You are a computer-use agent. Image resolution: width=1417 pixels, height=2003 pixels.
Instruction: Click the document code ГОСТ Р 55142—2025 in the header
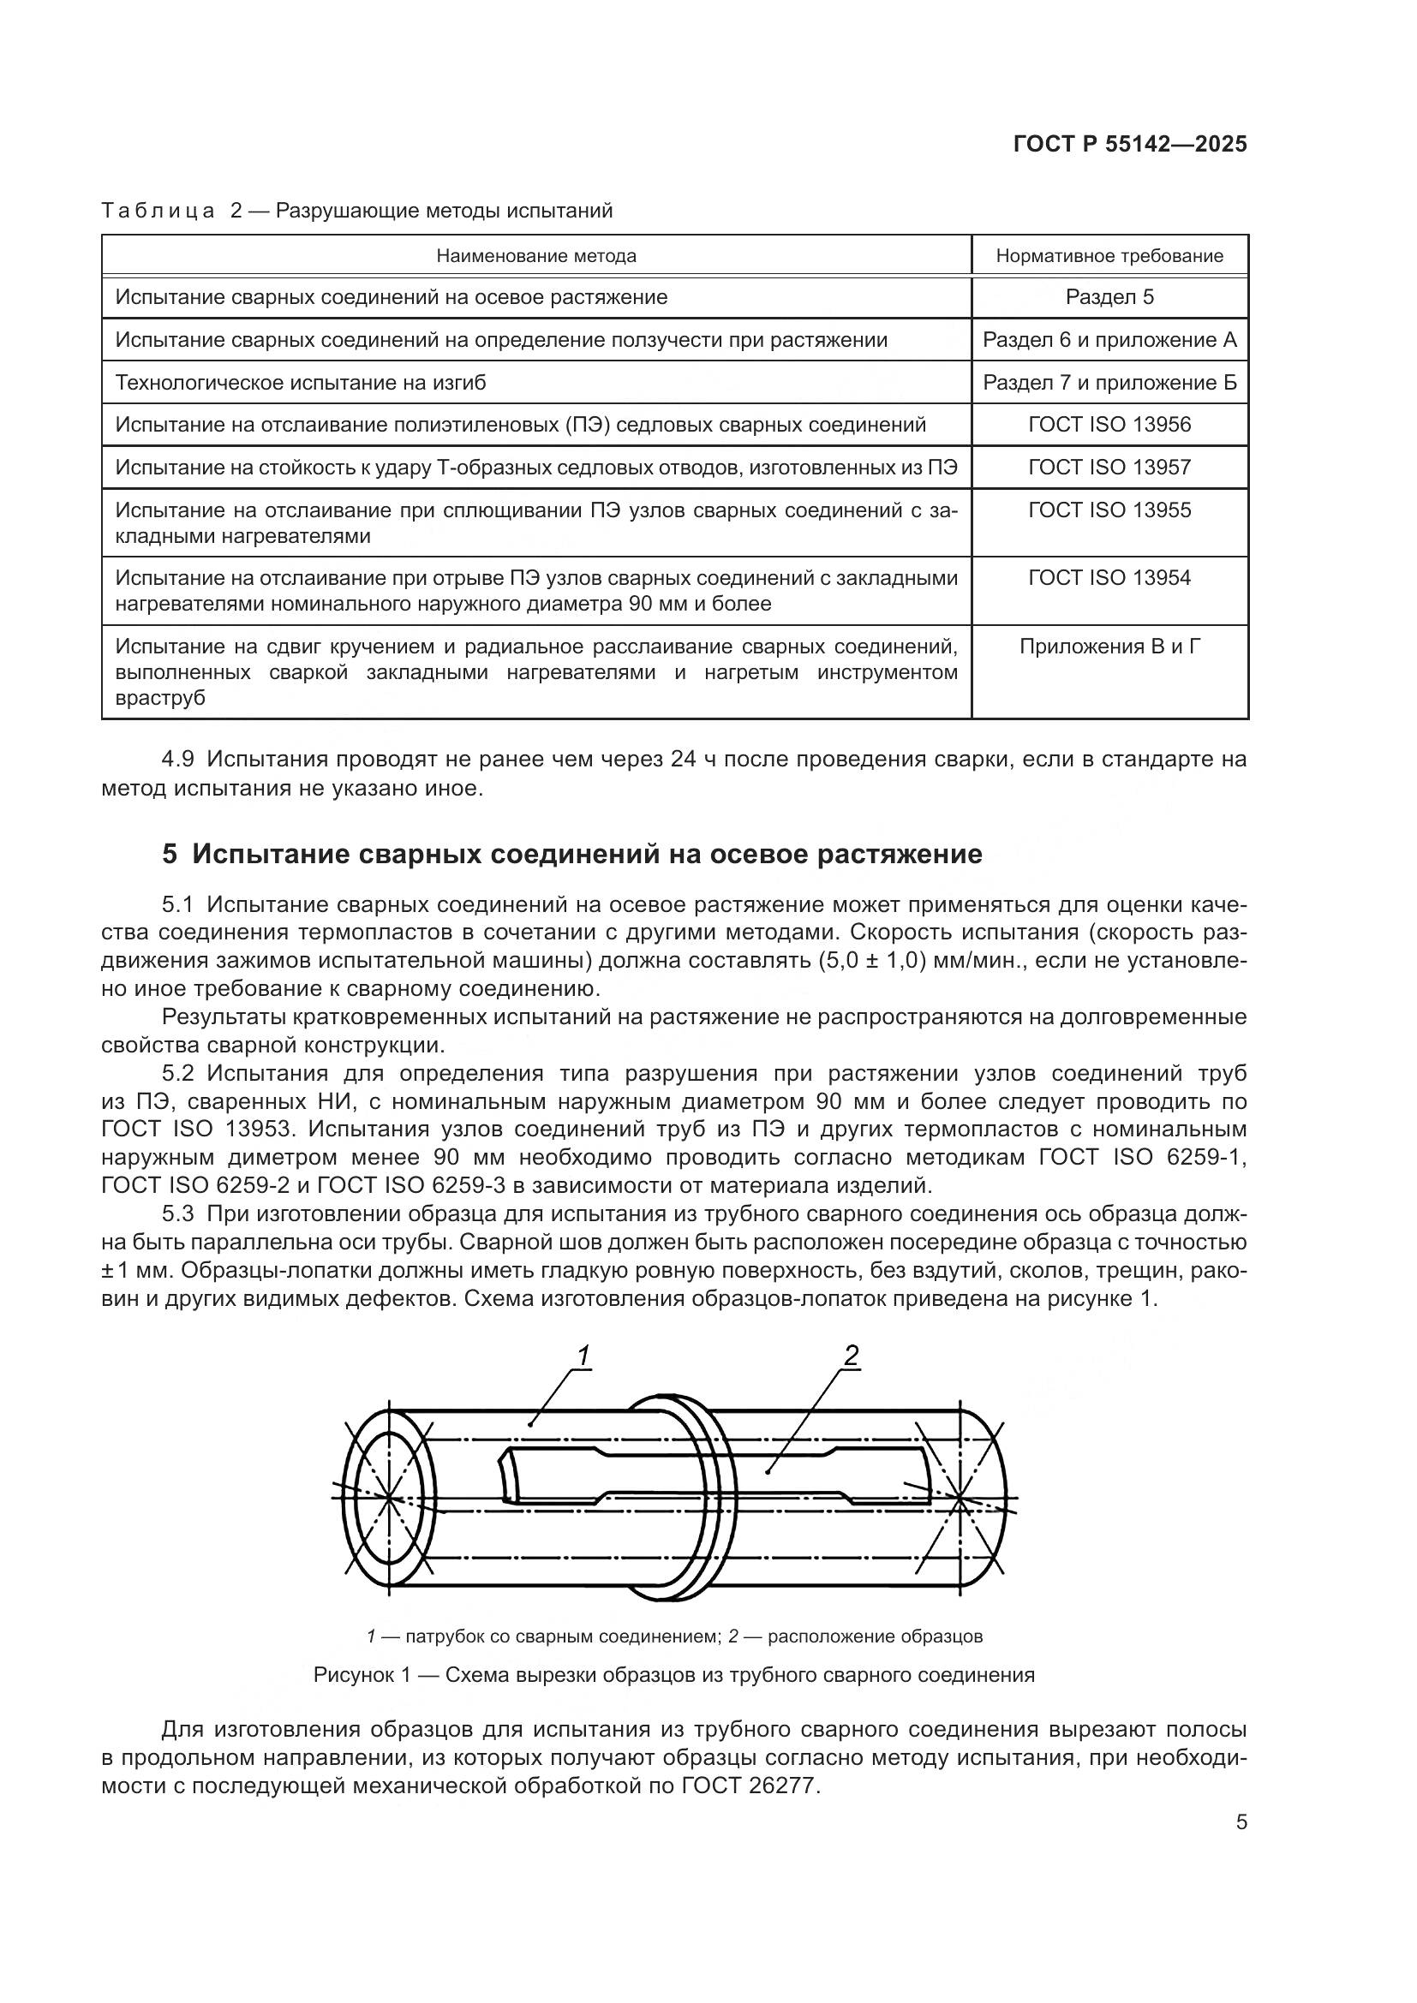pos(1130,144)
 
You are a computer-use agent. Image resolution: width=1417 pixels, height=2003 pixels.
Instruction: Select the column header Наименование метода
pos(535,255)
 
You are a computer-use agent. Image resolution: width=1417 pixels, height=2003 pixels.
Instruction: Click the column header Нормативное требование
pos(1109,255)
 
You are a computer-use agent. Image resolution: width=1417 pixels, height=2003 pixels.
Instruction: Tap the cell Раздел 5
pos(1109,297)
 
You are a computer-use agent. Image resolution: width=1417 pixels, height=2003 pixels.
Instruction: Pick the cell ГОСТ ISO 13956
pos(1109,425)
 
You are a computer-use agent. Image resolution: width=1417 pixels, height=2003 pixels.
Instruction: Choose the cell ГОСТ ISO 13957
pos(1109,468)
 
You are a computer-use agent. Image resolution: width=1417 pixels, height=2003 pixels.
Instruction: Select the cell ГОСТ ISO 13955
pos(1109,510)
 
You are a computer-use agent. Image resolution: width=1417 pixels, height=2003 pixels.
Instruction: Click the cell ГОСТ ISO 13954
pos(1109,578)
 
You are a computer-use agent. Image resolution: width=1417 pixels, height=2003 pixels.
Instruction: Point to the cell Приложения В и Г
pos(1109,647)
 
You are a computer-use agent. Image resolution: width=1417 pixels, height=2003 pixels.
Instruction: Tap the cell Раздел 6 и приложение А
pos(1109,340)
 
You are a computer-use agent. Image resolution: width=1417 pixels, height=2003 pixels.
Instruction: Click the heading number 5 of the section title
pos(170,854)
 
